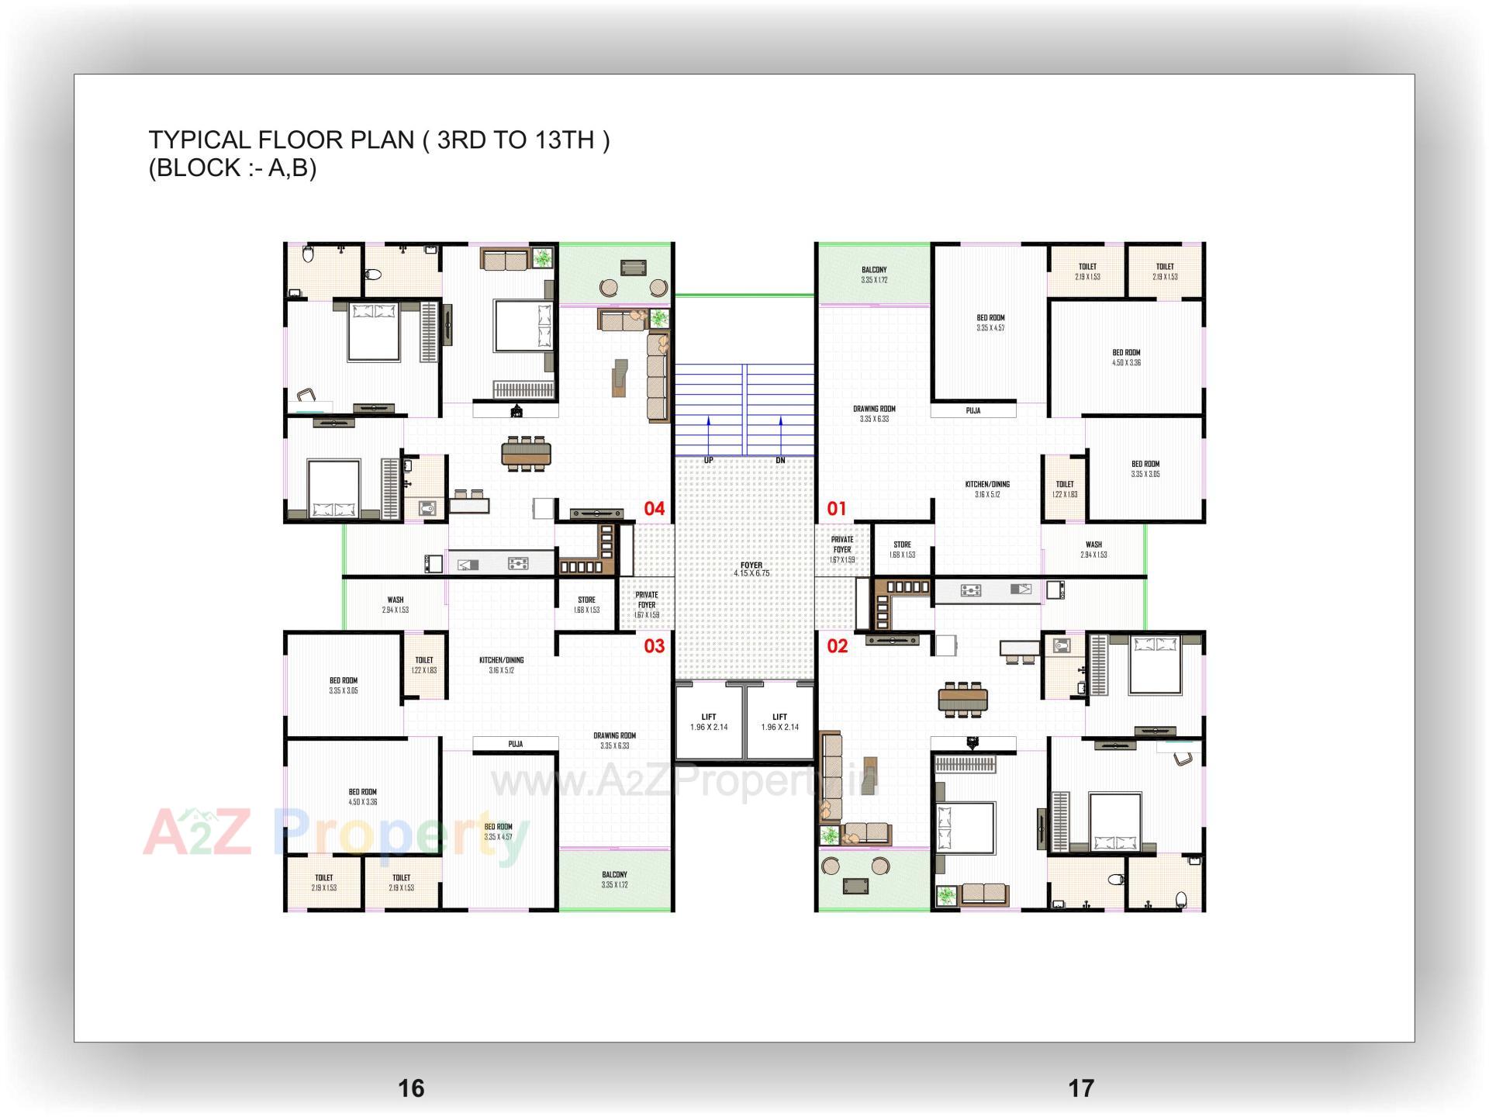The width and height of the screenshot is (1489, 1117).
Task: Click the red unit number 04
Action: pyautogui.click(x=654, y=509)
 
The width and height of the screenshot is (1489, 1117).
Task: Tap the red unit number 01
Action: pyautogui.click(x=836, y=509)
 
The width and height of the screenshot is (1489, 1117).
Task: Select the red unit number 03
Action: pyautogui.click(x=654, y=646)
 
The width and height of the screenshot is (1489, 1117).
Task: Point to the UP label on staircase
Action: pyautogui.click(x=708, y=461)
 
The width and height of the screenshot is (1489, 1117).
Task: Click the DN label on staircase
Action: pyautogui.click(x=780, y=461)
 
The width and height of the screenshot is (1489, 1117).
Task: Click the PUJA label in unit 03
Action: pyautogui.click(x=515, y=744)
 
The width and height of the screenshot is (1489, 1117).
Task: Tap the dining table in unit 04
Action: pyautogui.click(x=526, y=453)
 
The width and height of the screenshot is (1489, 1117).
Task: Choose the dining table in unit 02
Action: pyautogui.click(x=963, y=700)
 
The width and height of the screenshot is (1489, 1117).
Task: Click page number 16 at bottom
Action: pyautogui.click(x=411, y=1088)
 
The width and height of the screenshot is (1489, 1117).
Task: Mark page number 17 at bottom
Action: pyautogui.click(x=1081, y=1088)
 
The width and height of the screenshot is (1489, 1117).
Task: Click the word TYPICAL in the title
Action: pyautogui.click(x=199, y=140)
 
